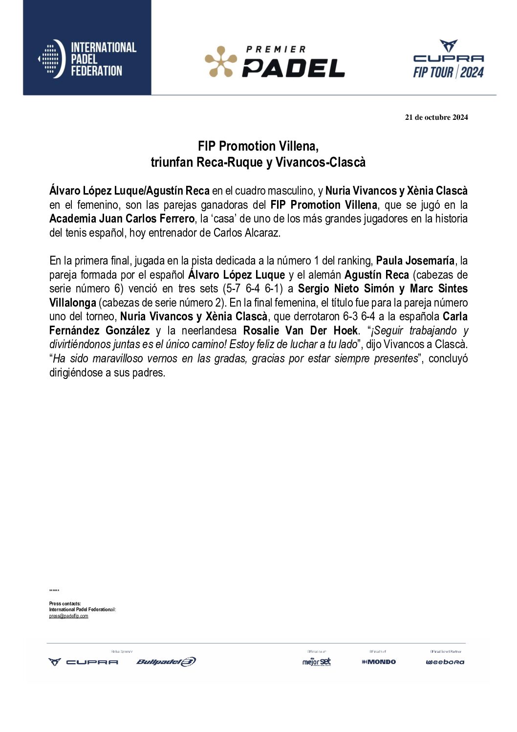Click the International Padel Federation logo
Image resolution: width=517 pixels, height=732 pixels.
[87, 59]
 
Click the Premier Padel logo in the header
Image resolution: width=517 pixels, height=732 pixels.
[275, 62]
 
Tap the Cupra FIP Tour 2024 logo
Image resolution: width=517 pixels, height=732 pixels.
[448, 60]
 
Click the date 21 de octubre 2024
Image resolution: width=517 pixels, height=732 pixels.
[436, 117]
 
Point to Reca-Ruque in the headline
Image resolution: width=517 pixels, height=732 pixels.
[230, 162]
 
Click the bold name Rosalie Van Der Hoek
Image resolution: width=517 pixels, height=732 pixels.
[301, 331]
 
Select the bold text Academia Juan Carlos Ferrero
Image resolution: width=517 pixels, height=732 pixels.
[122, 219]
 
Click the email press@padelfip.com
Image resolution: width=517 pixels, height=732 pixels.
[68, 616]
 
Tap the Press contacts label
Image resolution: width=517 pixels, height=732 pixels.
[65, 604]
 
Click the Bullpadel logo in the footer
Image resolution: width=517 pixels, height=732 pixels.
[166, 662]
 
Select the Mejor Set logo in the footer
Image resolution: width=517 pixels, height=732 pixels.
[317, 662]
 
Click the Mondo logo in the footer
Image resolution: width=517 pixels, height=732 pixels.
[379, 662]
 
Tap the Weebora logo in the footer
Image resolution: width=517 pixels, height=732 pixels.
[445, 662]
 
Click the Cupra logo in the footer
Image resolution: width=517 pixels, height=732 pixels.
[83, 662]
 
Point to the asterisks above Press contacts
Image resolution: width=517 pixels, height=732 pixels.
[54, 591]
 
